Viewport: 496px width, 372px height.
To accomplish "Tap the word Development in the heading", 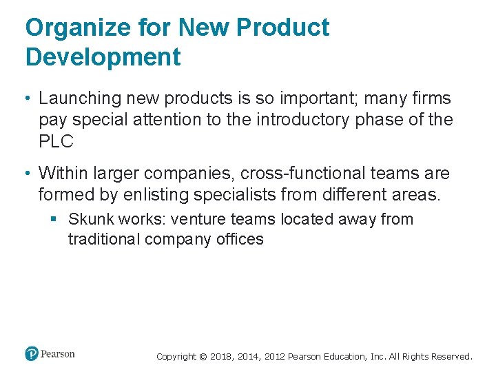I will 103,57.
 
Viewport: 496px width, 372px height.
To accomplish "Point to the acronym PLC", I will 56,142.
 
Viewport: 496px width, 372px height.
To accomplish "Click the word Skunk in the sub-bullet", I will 91,220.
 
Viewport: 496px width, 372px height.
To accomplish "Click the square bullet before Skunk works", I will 54,219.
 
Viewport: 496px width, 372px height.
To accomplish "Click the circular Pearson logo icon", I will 32,354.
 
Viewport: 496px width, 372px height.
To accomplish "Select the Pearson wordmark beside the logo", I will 58,354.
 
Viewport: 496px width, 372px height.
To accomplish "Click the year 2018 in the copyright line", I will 221,357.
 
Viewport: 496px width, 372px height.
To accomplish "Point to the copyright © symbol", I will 203,357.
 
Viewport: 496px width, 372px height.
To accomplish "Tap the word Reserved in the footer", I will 453,357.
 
